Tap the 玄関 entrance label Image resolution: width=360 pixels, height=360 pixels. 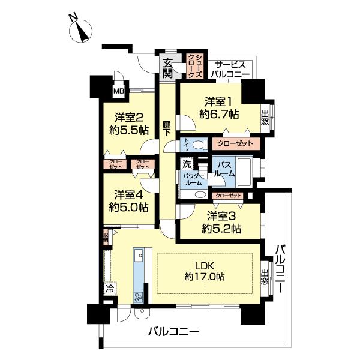(167, 68)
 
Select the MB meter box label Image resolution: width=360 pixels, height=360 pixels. (119, 91)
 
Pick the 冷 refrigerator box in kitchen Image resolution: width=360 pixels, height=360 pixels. (110, 289)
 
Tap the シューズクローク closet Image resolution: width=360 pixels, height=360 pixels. (196, 65)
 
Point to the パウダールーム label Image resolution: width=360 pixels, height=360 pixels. (193, 181)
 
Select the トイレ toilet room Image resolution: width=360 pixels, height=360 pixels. (187, 145)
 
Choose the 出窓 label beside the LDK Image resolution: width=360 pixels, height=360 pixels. (265, 279)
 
